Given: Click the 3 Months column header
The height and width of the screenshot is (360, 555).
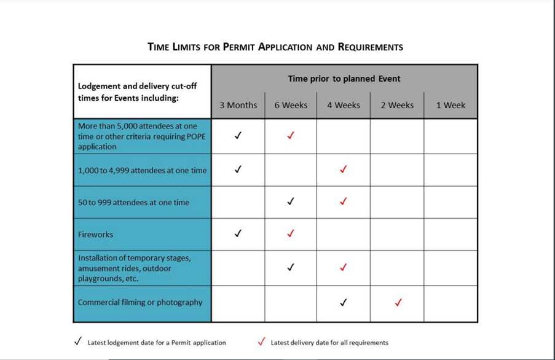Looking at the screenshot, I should [x=238, y=105].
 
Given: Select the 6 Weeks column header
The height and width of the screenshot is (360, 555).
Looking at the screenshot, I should [x=291, y=105].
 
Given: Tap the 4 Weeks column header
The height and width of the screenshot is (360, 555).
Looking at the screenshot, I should [x=344, y=105].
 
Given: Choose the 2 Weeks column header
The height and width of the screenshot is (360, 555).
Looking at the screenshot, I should [x=397, y=105].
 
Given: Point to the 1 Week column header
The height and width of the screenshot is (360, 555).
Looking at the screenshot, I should [x=451, y=105].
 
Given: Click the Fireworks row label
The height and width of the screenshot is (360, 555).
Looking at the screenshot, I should [x=96, y=235].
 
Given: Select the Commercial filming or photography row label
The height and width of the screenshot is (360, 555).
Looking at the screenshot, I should [x=140, y=302].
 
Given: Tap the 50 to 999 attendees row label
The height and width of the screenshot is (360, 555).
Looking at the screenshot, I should [x=133, y=202].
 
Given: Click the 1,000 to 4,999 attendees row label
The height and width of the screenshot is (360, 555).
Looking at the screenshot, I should [x=142, y=170].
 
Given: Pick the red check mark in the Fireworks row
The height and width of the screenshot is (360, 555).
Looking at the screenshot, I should [x=291, y=233].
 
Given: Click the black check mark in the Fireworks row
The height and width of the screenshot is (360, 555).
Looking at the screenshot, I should [x=238, y=233].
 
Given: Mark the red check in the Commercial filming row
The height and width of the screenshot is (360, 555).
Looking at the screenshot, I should [x=398, y=302].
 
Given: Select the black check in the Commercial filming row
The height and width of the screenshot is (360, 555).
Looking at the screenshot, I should [x=344, y=302].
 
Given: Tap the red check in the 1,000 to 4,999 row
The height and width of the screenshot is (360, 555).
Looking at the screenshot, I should [x=344, y=170].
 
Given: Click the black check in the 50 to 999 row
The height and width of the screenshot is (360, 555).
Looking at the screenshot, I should [x=291, y=202].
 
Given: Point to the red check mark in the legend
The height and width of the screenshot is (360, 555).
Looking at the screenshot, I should [x=262, y=342].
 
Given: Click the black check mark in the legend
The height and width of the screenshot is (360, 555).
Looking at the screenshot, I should [x=77, y=342].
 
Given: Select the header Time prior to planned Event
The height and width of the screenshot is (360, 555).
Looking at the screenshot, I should [x=344, y=79].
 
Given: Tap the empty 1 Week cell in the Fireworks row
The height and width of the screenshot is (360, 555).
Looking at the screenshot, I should [x=451, y=234].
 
